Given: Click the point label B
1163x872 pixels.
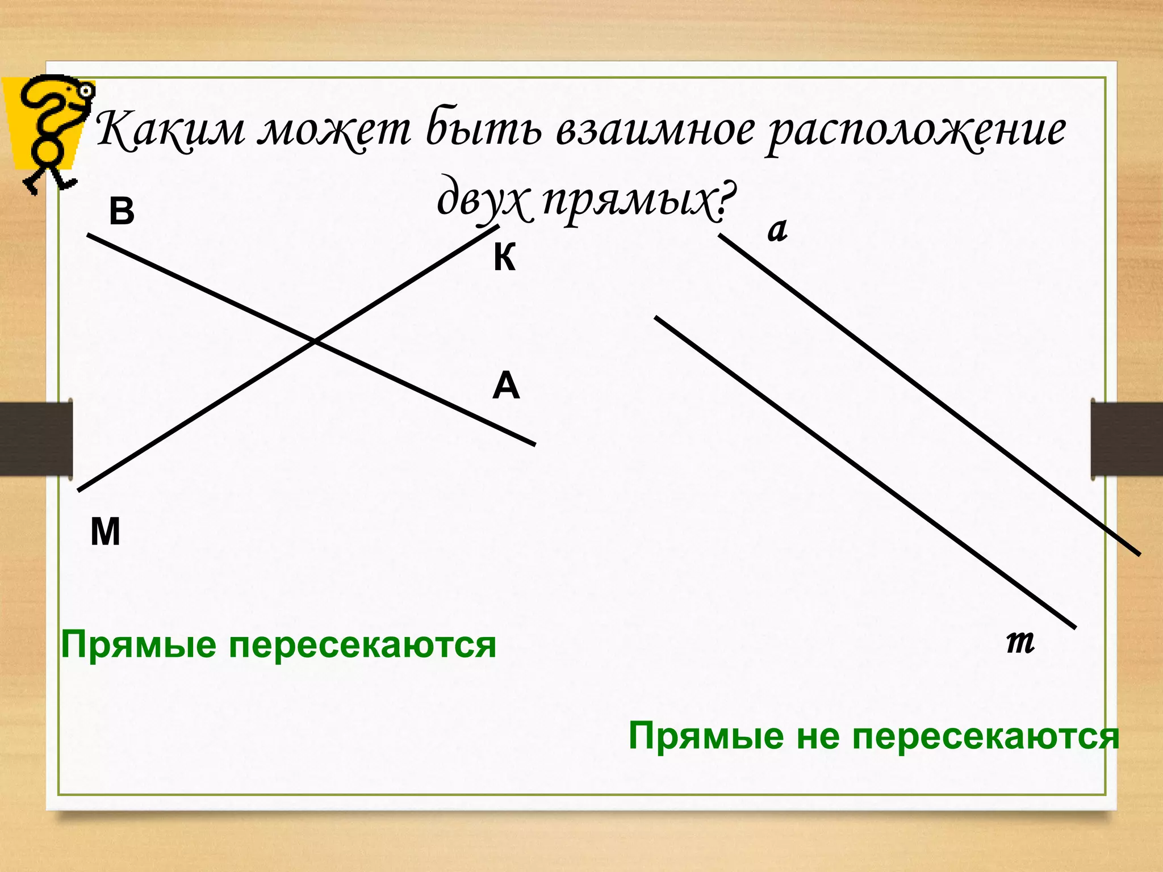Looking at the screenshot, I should pos(122,212).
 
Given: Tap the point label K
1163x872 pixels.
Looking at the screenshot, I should pos(504,257).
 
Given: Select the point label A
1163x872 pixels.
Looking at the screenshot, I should pos(506,386).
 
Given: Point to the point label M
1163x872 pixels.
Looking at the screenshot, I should pos(106,532).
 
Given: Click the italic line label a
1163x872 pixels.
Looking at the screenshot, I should pos(777,230).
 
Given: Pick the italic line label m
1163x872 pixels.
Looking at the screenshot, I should pos(1020,642).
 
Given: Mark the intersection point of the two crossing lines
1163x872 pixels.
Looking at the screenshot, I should pos(315,341).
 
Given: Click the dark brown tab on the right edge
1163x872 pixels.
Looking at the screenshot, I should pos(1127,439).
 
